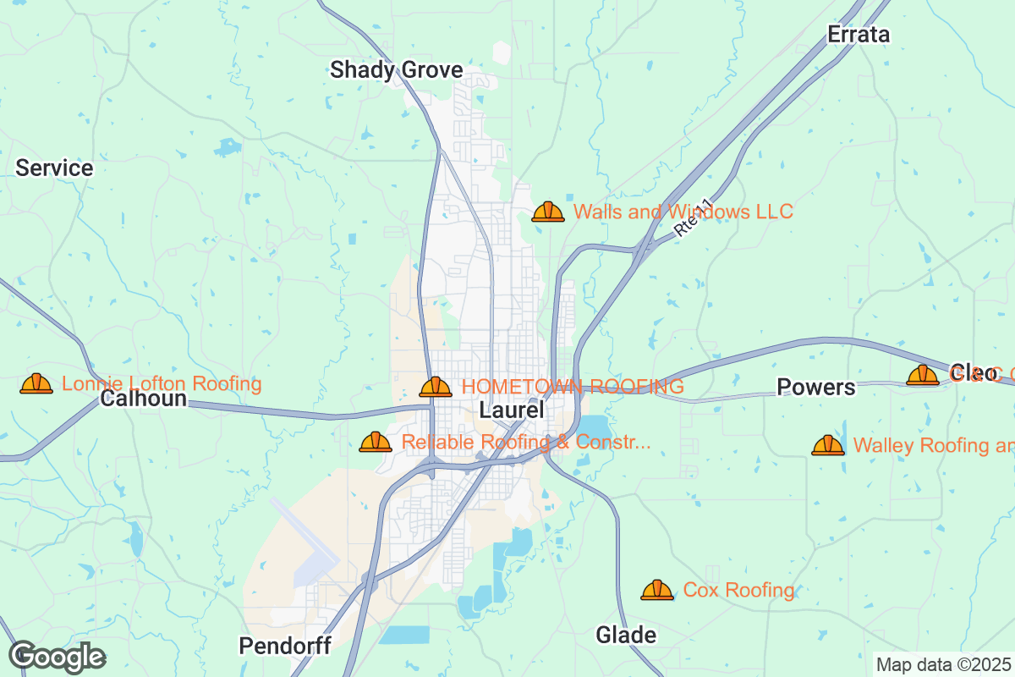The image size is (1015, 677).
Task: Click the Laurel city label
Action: pyautogui.click(x=511, y=410)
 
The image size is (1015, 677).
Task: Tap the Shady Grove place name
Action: pyautogui.click(x=396, y=69)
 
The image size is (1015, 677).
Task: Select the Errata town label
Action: pyautogui.click(x=859, y=35)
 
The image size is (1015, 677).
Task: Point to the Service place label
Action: pyautogui.click(x=54, y=168)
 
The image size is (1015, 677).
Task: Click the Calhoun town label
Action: pyautogui.click(x=143, y=398)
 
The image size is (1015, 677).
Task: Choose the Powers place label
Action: pyautogui.click(x=816, y=388)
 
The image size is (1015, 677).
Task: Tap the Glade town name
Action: pyautogui.click(x=626, y=635)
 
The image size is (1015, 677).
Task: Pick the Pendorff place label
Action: pyautogui.click(x=284, y=646)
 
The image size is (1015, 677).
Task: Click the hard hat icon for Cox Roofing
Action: pyautogui.click(x=657, y=590)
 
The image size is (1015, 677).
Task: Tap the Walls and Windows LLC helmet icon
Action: pyautogui.click(x=548, y=212)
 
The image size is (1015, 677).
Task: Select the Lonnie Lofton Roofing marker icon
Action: pyautogui.click(x=36, y=384)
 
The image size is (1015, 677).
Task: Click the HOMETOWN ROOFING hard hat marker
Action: pyautogui.click(x=436, y=388)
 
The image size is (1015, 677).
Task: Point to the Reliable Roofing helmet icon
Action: pyautogui.click(x=376, y=442)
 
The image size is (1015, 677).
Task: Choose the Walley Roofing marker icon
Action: pyautogui.click(x=828, y=445)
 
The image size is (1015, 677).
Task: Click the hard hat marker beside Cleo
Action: pyautogui.click(x=923, y=375)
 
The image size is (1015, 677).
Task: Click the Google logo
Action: pyautogui.click(x=57, y=657)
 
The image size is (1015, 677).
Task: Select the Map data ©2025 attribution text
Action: pyautogui.click(x=943, y=664)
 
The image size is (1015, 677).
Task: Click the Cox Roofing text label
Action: pyautogui.click(x=738, y=590)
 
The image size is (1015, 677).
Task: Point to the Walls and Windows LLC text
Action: pyautogui.click(x=683, y=212)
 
